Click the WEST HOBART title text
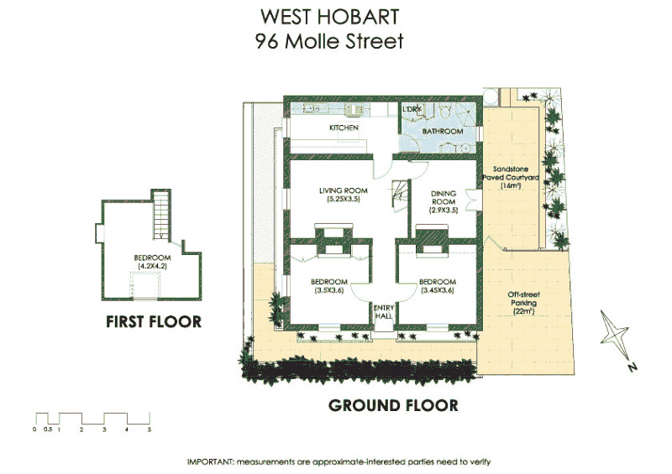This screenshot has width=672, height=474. pyautogui.click(x=329, y=17)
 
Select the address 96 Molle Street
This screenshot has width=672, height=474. pyautogui.click(x=329, y=40)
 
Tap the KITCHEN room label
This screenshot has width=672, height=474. pyautogui.click(x=344, y=128)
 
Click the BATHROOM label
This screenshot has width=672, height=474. pyautogui.click(x=442, y=133)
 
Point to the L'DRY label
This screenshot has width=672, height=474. pyautogui.click(x=412, y=111)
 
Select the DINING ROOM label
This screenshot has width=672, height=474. pyautogui.click(x=443, y=196)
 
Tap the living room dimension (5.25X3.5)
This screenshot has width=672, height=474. pyautogui.click(x=339, y=200)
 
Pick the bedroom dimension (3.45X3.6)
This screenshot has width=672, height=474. pyautogui.click(x=437, y=290)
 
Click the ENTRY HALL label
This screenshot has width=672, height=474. pyautogui.click(x=383, y=313)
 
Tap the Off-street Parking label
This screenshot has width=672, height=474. pyautogui.click(x=524, y=303)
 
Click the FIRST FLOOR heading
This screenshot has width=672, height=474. pyautogui.click(x=154, y=321)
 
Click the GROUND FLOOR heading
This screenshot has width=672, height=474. pyautogui.click(x=393, y=405)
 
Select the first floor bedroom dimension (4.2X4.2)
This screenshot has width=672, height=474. pyautogui.click(x=155, y=267)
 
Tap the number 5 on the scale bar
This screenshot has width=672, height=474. pyautogui.click(x=149, y=429)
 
